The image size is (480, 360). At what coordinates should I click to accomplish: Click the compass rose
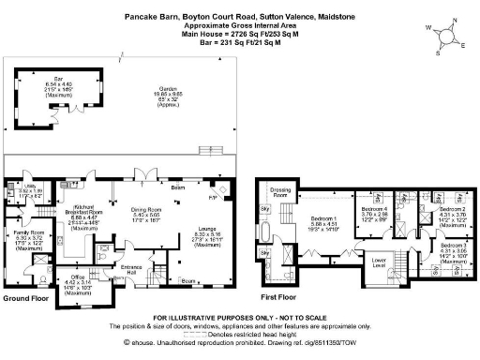pyautogui.click(x=443, y=37)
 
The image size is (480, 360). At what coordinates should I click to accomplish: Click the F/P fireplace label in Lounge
pyautogui.click(x=212, y=199)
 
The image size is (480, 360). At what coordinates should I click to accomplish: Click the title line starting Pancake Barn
pyautogui.click(x=240, y=15)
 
